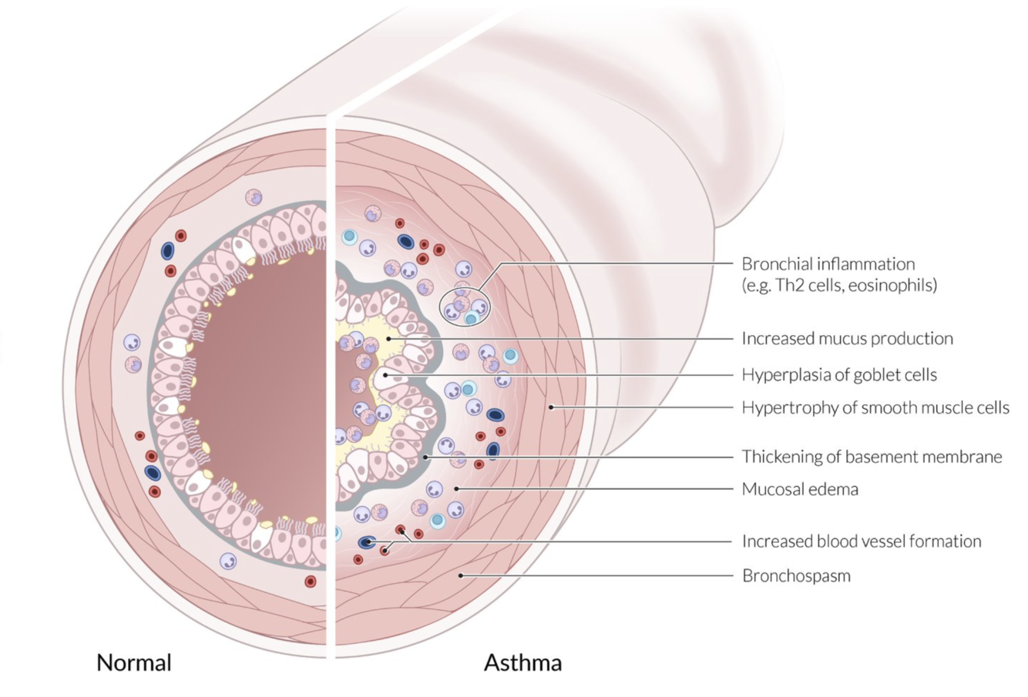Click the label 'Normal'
[133, 662]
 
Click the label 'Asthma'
[522, 662]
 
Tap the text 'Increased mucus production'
[847, 339]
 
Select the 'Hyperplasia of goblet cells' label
[839, 375]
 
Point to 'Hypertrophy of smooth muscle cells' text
[875, 407]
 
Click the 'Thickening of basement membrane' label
[872, 457]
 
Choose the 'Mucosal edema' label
[800, 489]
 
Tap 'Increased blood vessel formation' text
[862, 541]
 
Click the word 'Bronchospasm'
[796, 575]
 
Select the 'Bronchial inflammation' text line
[828, 264]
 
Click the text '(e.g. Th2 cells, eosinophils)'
[839, 285]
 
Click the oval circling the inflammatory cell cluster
[465, 307]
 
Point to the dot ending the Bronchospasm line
[461, 575]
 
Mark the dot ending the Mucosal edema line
[456, 489]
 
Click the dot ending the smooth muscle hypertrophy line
[552, 407]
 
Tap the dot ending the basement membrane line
[427, 457]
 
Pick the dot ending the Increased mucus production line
[390, 338]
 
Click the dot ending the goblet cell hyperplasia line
[385, 375]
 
